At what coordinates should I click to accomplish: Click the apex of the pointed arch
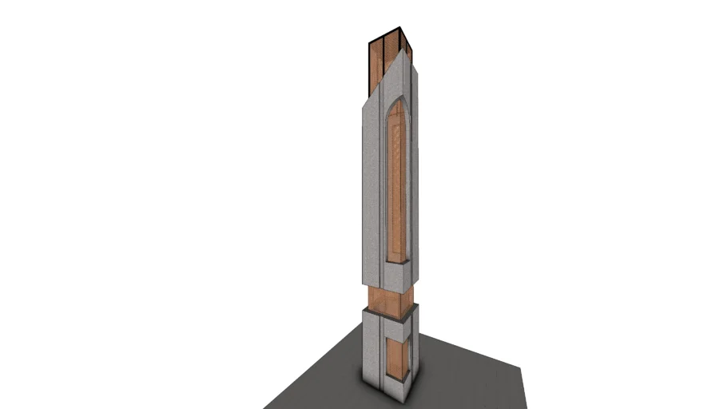coord(397,101)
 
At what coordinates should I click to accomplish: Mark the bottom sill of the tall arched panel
coord(396,261)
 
